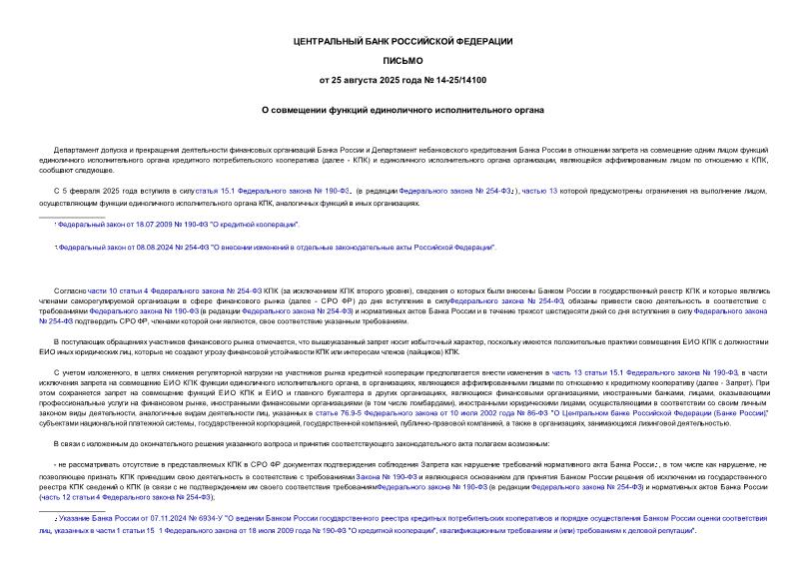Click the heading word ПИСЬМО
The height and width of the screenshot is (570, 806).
[403, 60]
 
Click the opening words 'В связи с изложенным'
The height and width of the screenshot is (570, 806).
[95, 442]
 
